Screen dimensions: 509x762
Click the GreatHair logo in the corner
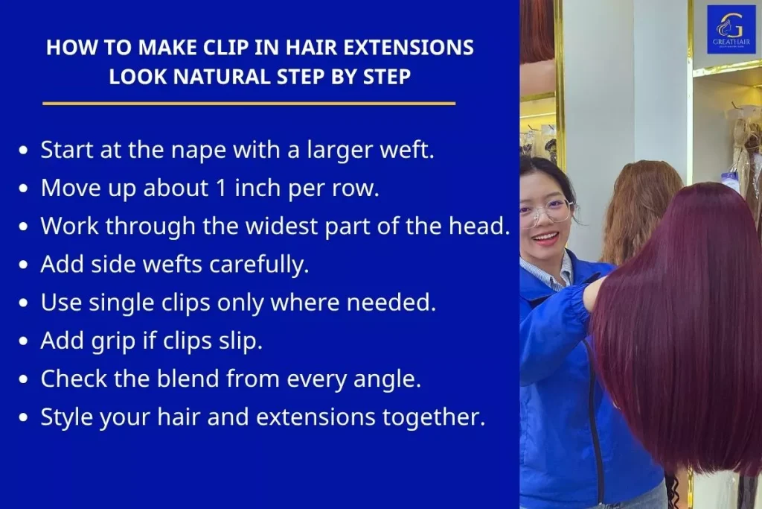pyautogui.click(x=731, y=30)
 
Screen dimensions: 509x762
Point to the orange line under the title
pyautogui.click(x=249, y=103)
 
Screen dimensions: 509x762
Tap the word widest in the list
pyautogui.click(x=246, y=225)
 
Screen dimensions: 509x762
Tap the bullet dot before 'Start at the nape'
pyautogui.click(x=24, y=150)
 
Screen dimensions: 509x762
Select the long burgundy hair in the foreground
pyautogui.click(x=677, y=335)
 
